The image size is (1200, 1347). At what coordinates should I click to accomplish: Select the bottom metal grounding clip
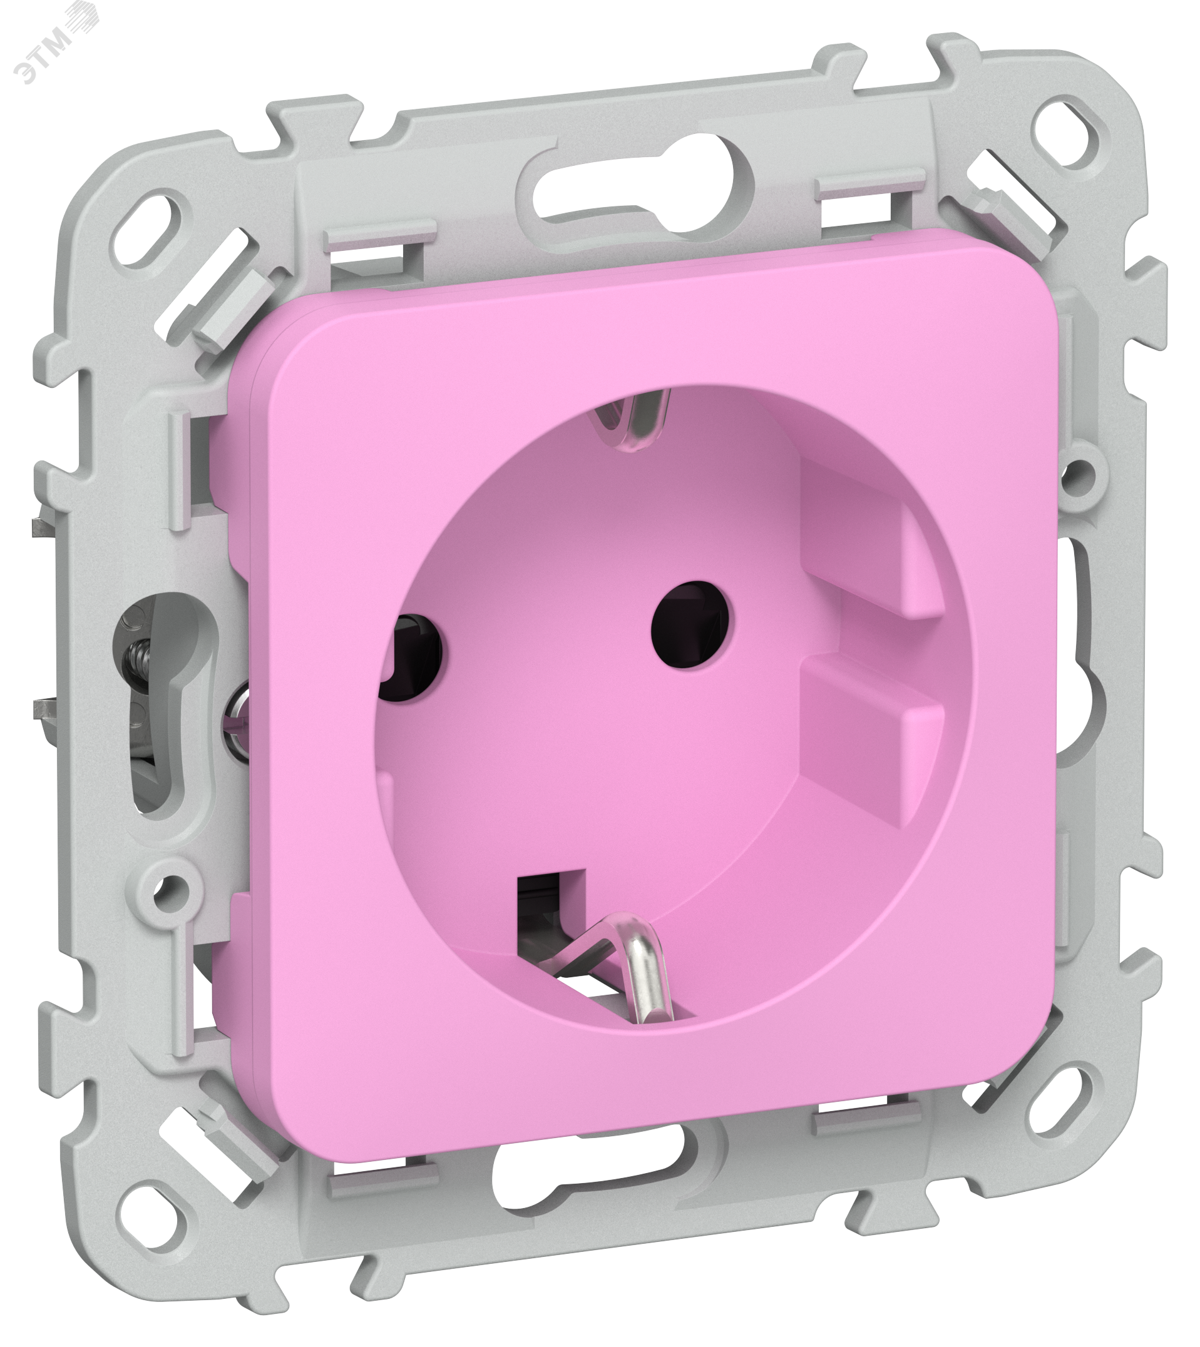point(620,968)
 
